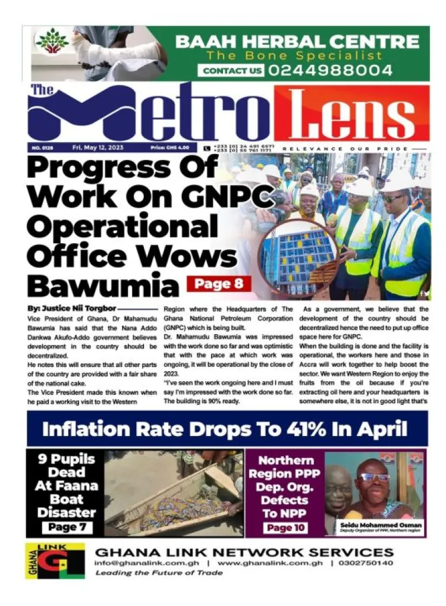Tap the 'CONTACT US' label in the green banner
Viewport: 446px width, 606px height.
(232, 71)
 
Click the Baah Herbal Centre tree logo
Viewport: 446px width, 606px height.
(52, 41)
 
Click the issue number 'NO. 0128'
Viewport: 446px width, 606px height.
(41, 147)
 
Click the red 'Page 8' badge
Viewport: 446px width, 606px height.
(218, 283)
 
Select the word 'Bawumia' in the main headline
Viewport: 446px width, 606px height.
(103, 285)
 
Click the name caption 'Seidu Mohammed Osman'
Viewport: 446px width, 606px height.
(381, 525)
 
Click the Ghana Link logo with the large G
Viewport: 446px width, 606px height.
(54, 560)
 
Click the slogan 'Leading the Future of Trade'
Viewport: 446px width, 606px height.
(159, 573)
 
